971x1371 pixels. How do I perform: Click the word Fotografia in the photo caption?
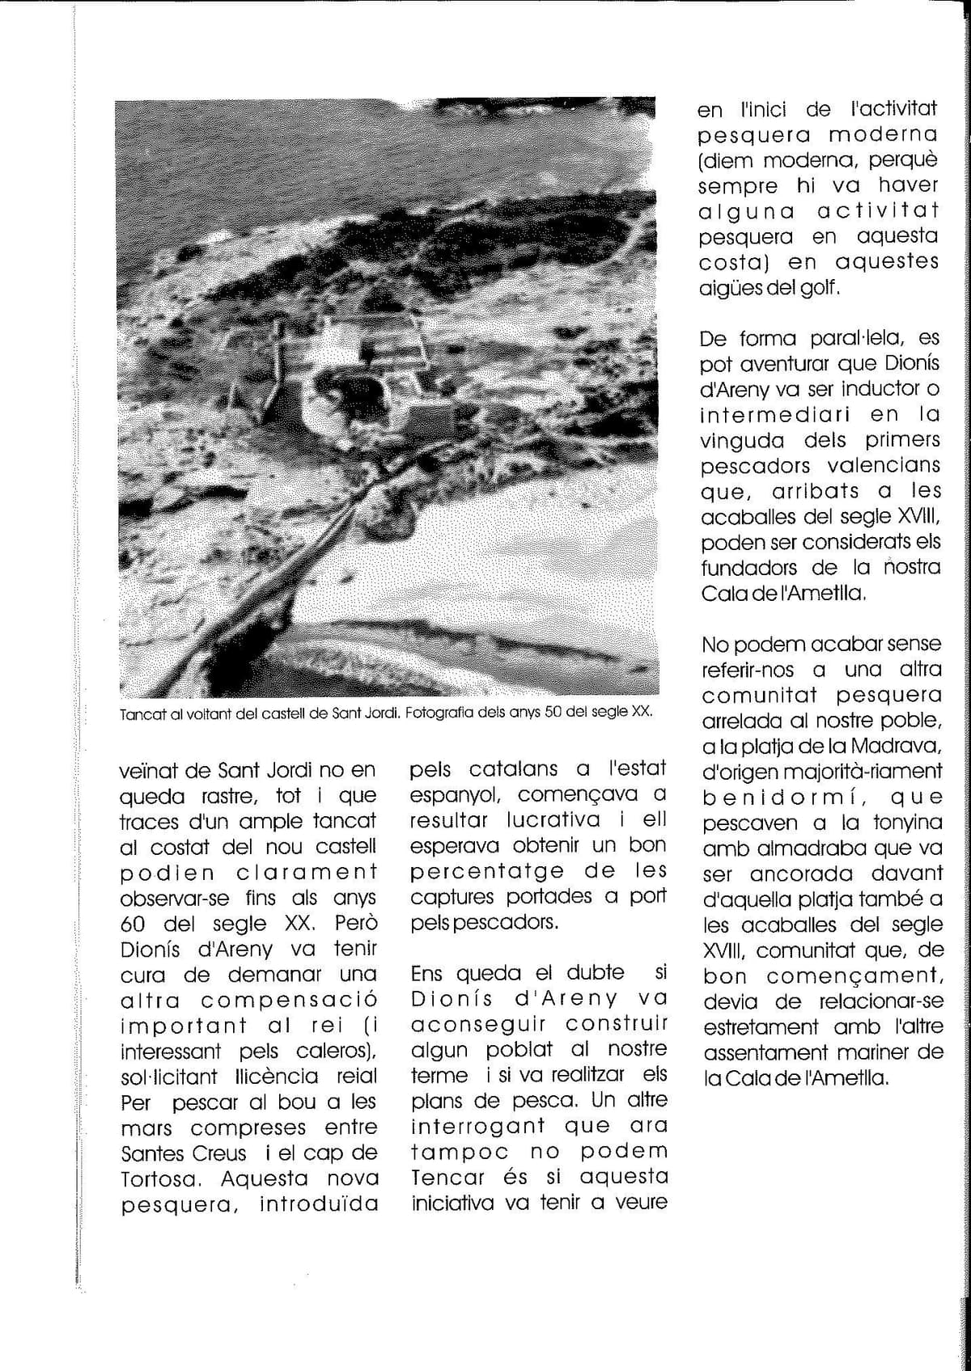point(436,714)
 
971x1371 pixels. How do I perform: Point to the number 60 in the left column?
point(133,924)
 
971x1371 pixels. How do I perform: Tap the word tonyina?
point(908,823)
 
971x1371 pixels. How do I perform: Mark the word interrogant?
point(477,1126)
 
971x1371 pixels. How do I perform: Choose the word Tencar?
point(447,1177)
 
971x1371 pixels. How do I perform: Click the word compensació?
point(289,1001)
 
